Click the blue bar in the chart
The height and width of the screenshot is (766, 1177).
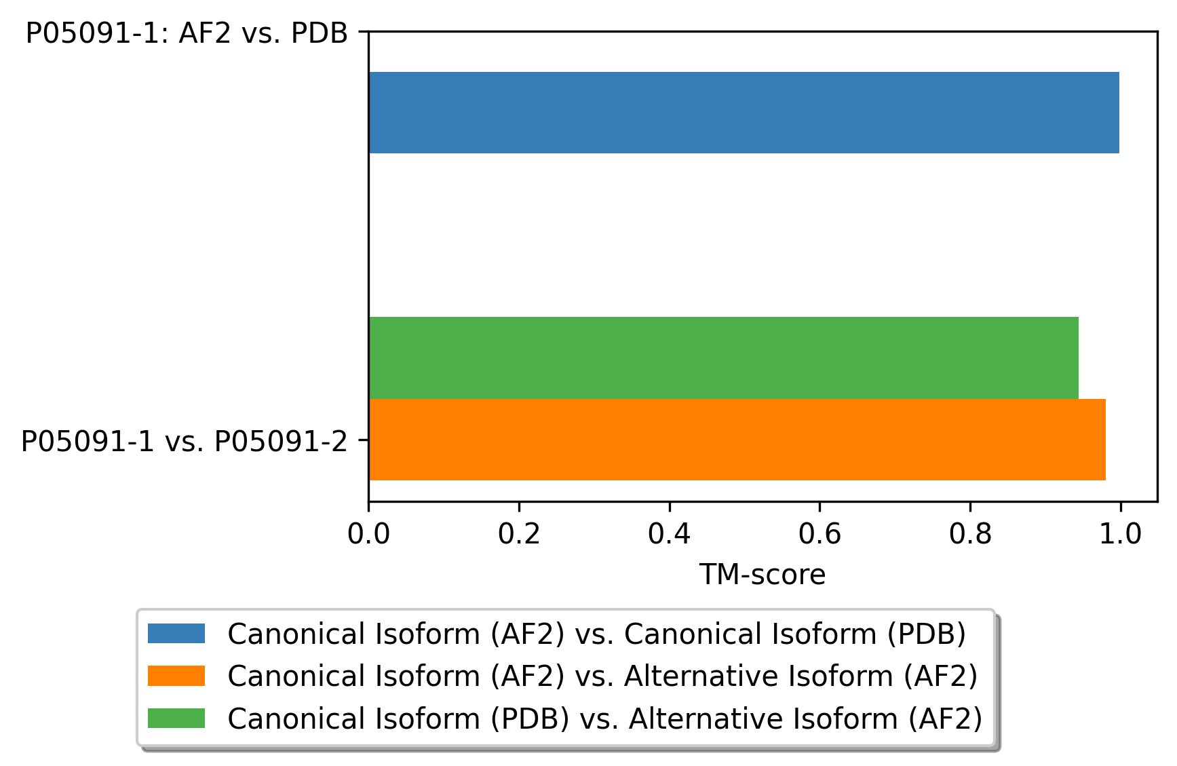pyautogui.click(x=744, y=113)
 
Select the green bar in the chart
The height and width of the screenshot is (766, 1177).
pyautogui.click(x=723, y=358)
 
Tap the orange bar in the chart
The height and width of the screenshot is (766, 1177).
pyautogui.click(x=737, y=440)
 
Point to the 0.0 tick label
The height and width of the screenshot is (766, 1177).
pyautogui.click(x=368, y=534)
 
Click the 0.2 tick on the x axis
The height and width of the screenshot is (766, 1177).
pyautogui.click(x=519, y=534)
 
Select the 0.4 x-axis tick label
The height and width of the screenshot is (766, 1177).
pyautogui.click(x=670, y=534)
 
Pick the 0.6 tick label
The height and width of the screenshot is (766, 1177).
pyautogui.click(x=819, y=534)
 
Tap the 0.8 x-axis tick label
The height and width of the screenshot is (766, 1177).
pyautogui.click(x=970, y=534)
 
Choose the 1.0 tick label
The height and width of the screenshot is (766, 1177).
pyautogui.click(x=1121, y=534)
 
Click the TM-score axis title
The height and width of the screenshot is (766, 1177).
pyautogui.click(x=763, y=575)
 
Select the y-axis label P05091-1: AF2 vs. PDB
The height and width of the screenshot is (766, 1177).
pyautogui.click(x=187, y=33)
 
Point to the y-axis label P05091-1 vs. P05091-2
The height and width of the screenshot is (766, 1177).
pyautogui.click(x=184, y=442)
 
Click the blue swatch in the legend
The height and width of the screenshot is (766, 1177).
pyautogui.click(x=176, y=634)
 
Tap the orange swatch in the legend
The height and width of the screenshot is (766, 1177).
pyautogui.click(x=176, y=676)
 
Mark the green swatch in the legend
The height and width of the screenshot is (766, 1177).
pyautogui.click(x=176, y=718)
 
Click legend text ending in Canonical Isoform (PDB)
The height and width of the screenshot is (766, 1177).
pyautogui.click(x=596, y=634)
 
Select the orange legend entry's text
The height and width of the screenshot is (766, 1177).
pyautogui.click(x=602, y=676)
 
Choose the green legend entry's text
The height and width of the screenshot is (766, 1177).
pyautogui.click(x=604, y=718)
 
